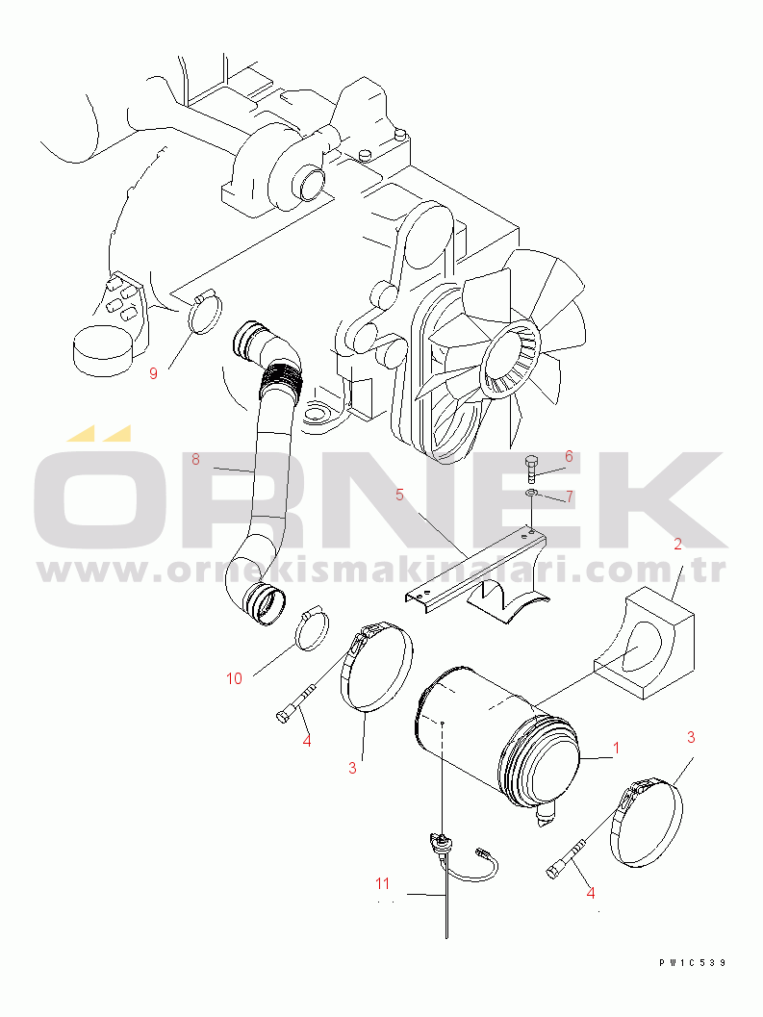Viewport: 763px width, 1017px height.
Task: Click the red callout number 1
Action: pyautogui.click(x=616, y=748)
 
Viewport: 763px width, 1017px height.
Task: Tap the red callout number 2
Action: pyautogui.click(x=678, y=545)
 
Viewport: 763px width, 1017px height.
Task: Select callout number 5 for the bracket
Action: pyautogui.click(x=399, y=495)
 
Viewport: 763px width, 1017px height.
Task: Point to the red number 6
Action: pyautogui.click(x=569, y=457)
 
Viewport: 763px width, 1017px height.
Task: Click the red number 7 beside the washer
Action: pyautogui.click(x=569, y=496)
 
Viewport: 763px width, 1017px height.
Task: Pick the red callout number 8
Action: pyautogui.click(x=195, y=459)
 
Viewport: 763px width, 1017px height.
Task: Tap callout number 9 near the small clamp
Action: pyautogui.click(x=153, y=373)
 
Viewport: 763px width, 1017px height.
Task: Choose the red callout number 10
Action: pyautogui.click(x=234, y=678)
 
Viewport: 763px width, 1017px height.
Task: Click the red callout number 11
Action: pyautogui.click(x=382, y=883)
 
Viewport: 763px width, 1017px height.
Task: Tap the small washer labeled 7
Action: pyautogui.click(x=531, y=495)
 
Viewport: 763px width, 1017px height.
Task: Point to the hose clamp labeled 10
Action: pyautogui.click(x=312, y=628)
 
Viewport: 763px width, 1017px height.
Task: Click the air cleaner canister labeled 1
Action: pyautogui.click(x=497, y=739)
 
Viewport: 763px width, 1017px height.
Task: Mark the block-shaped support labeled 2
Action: pyautogui.click(x=645, y=644)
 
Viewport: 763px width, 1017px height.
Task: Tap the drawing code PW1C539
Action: pyautogui.click(x=692, y=963)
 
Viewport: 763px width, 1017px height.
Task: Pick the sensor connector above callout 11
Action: pyautogui.click(x=440, y=844)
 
